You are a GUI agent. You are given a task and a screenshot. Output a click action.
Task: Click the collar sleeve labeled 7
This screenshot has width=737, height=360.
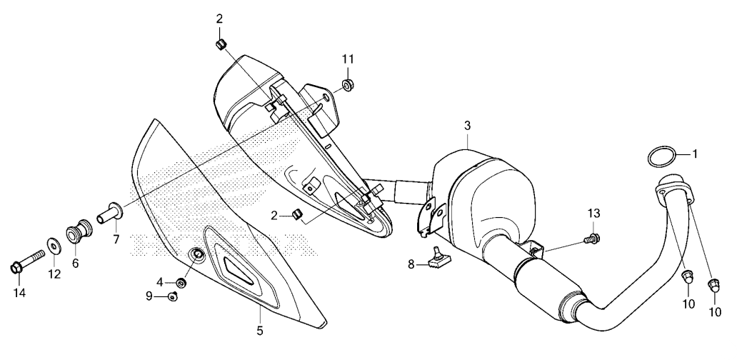coord(111,214)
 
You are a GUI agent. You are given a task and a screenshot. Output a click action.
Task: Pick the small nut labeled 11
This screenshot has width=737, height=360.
coord(347,86)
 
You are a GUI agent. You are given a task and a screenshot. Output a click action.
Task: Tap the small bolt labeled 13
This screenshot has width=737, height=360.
coord(592,239)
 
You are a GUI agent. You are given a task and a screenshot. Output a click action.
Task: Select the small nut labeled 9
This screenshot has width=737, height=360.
coord(173,296)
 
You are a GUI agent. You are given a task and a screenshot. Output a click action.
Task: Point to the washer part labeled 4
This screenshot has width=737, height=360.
coord(181,282)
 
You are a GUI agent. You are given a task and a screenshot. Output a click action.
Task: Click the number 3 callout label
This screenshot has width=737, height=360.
coord(467,126)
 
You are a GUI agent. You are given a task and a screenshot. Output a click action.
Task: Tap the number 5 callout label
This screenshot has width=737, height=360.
coord(260,331)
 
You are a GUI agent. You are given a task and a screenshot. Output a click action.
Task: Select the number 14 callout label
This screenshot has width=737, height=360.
coord(19,293)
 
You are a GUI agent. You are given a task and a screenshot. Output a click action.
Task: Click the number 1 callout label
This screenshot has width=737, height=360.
coord(695,154)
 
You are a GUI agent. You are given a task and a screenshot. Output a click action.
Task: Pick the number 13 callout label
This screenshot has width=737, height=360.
coord(593,214)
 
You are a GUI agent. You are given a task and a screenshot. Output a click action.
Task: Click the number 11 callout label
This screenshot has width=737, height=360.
coord(348,59)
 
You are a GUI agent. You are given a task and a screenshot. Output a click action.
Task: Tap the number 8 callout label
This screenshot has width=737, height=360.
coord(411,264)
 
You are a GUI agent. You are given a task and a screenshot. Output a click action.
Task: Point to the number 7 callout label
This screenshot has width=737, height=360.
coord(116,239)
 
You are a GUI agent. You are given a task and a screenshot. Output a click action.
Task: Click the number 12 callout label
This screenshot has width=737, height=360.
coord(54,274)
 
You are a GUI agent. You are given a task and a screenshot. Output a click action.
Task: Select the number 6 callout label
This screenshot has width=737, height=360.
coord(75,263)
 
